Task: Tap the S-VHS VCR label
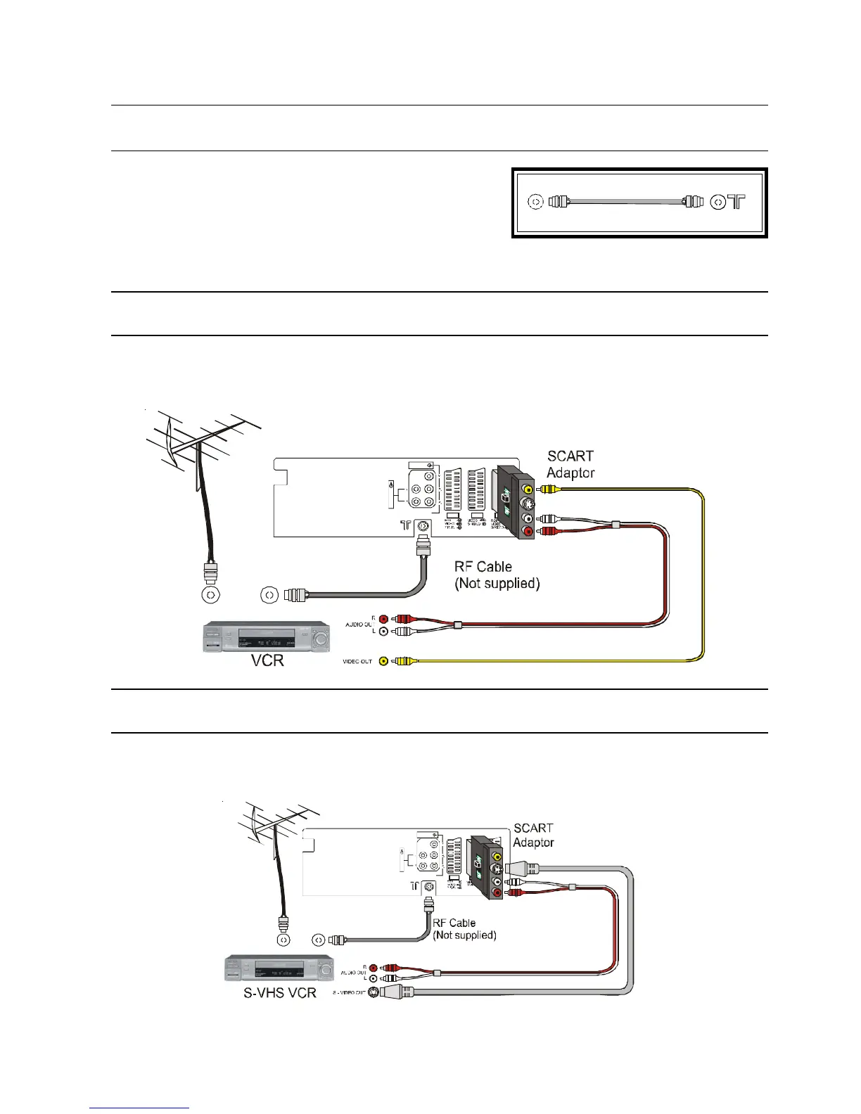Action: click(280, 992)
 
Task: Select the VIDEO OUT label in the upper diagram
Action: click(357, 661)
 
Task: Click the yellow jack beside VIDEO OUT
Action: click(383, 661)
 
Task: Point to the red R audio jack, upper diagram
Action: click(383, 620)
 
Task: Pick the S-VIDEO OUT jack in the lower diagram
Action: click(374, 992)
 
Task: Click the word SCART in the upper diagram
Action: click(570, 456)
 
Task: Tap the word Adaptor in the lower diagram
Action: click(533, 843)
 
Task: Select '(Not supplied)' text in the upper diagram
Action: click(497, 583)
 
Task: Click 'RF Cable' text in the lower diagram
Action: click(454, 923)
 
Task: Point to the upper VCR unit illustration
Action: click(267, 637)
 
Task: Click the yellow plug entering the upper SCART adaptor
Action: click(549, 489)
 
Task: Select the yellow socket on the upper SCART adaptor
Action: click(527, 489)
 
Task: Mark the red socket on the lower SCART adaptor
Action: click(497, 893)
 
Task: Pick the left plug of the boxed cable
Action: click(557, 202)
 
